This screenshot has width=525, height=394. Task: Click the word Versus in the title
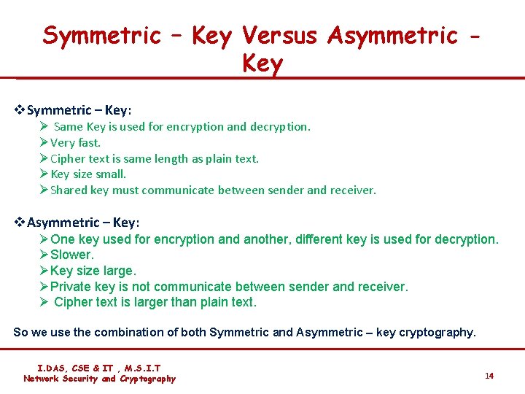click(x=281, y=35)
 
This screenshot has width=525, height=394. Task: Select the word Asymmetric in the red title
click(x=393, y=35)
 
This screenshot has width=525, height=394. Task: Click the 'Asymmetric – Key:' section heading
click(x=83, y=223)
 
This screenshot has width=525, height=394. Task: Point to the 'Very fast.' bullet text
click(x=75, y=142)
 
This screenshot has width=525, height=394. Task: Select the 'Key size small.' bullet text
click(x=88, y=174)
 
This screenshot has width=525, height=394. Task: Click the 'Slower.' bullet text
click(x=72, y=255)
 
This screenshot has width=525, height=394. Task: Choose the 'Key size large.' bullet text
click(x=93, y=271)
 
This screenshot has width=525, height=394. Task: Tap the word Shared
click(x=69, y=190)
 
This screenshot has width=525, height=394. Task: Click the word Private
click(x=71, y=287)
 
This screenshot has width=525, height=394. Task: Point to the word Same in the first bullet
click(x=69, y=126)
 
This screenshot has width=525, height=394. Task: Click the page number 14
click(x=489, y=376)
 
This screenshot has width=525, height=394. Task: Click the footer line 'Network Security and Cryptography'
click(x=99, y=379)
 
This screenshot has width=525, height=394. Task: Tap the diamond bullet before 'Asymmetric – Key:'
click(x=20, y=223)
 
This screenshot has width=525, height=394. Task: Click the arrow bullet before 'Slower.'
click(x=44, y=255)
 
